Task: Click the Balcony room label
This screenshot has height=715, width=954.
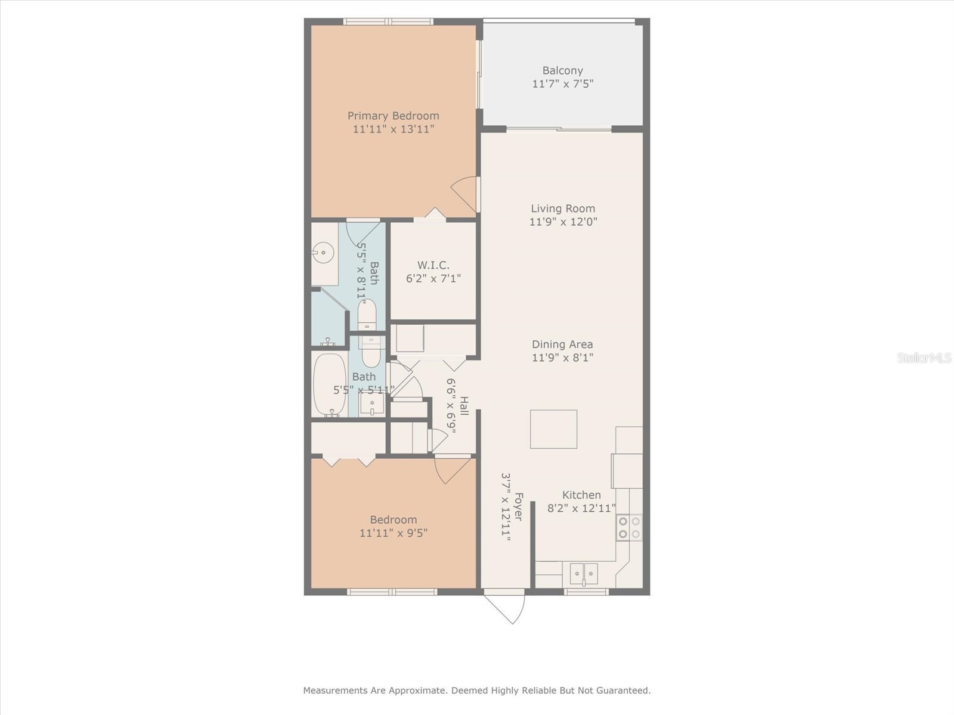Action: tap(562, 70)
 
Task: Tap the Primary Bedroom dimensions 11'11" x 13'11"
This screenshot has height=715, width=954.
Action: tap(393, 129)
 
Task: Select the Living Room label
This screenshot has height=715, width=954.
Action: tap(563, 209)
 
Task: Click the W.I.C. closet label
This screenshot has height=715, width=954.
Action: tap(433, 265)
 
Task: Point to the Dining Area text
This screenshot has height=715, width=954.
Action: tap(562, 344)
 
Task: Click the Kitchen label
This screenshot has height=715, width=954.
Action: tap(581, 495)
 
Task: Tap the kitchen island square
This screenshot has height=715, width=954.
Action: tap(553, 429)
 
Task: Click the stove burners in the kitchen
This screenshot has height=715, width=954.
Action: tap(630, 527)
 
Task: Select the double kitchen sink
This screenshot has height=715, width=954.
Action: tap(583, 574)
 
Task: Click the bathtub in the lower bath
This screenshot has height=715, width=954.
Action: tap(330, 384)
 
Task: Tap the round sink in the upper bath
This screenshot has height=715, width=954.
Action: tap(323, 253)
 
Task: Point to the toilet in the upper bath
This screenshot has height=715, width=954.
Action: tap(367, 314)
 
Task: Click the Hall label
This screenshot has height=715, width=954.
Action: tap(464, 406)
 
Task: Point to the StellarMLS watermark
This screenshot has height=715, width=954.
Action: tap(924, 357)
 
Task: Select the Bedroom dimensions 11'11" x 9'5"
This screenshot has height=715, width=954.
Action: tap(393, 533)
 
